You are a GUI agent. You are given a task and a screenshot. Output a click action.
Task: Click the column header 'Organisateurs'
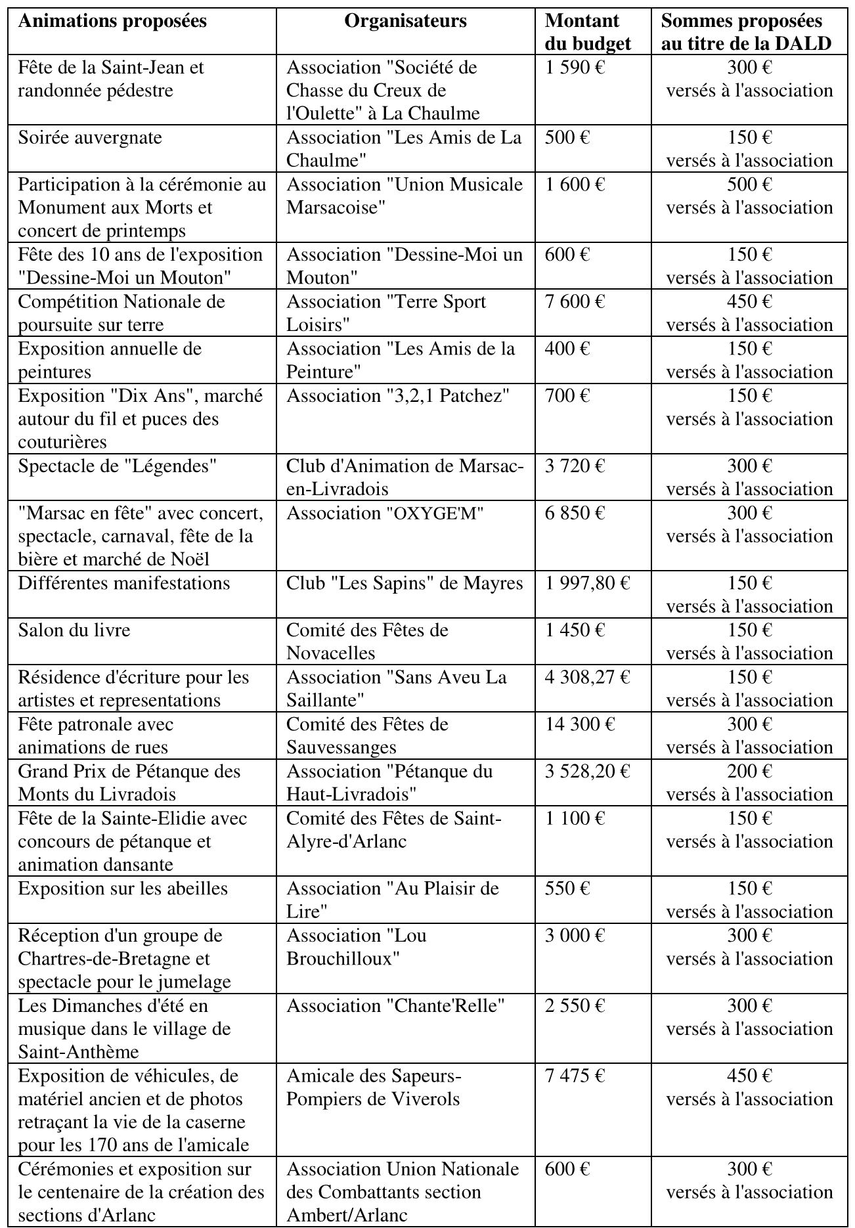tap(405, 21)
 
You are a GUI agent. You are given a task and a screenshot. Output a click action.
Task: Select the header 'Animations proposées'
tap(112, 21)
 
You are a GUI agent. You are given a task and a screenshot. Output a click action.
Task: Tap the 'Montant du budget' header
tap(587, 32)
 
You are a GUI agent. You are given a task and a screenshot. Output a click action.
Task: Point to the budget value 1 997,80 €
tap(587, 583)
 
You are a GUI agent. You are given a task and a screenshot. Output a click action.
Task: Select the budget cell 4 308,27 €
tap(587, 677)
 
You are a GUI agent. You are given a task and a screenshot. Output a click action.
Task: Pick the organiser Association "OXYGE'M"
tap(385, 513)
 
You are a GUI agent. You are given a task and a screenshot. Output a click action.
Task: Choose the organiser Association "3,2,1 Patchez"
tap(398, 396)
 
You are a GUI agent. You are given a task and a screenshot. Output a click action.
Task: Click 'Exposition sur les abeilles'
tap(123, 888)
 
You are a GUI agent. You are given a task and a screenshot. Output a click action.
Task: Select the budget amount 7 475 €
tap(575, 1076)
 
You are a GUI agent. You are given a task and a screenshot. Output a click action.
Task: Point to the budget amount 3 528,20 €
tap(587, 771)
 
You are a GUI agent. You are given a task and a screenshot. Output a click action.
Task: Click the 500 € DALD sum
tap(749, 185)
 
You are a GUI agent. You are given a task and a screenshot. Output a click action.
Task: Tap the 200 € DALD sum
tap(749, 771)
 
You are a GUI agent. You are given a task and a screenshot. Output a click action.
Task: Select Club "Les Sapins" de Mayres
tap(405, 583)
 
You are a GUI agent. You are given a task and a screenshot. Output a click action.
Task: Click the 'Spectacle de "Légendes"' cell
tap(118, 466)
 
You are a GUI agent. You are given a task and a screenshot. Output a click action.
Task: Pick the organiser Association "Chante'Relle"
tap(395, 1005)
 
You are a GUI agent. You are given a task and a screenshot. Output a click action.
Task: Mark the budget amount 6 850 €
tap(575, 513)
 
